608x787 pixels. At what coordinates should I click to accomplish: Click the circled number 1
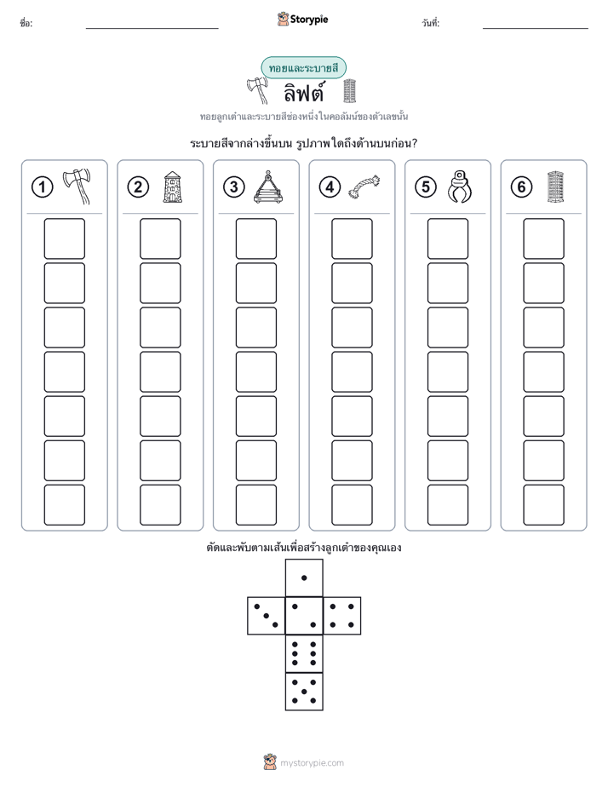(42, 187)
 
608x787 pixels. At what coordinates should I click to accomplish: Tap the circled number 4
(330, 187)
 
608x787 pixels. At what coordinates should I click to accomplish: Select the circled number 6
(521, 187)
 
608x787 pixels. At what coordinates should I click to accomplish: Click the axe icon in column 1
(77, 187)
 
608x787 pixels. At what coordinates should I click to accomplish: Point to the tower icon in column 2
(173, 187)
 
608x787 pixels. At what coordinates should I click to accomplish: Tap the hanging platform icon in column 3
(268, 187)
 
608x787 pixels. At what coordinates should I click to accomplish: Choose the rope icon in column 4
(364, 187)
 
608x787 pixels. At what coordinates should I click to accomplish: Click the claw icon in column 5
(460, 187)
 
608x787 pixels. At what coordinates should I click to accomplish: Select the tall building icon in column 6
(555, 187)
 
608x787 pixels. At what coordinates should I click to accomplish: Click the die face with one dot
(304, 578)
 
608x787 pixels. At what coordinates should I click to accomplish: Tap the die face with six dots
(304, 653)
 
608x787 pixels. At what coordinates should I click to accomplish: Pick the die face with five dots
(304, 692)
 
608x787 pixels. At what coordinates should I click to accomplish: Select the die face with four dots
(342, 616)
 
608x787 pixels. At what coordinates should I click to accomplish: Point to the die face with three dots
(267, 616)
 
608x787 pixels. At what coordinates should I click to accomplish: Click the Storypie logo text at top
(309, 20)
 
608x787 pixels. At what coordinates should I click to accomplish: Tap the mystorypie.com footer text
(312, 763)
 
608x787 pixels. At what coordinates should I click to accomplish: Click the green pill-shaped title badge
(303, 68)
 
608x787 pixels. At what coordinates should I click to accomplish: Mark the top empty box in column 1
(64, 238)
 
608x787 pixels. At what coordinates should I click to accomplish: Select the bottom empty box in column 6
(544, 505)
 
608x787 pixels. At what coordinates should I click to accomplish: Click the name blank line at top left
(152, 29)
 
